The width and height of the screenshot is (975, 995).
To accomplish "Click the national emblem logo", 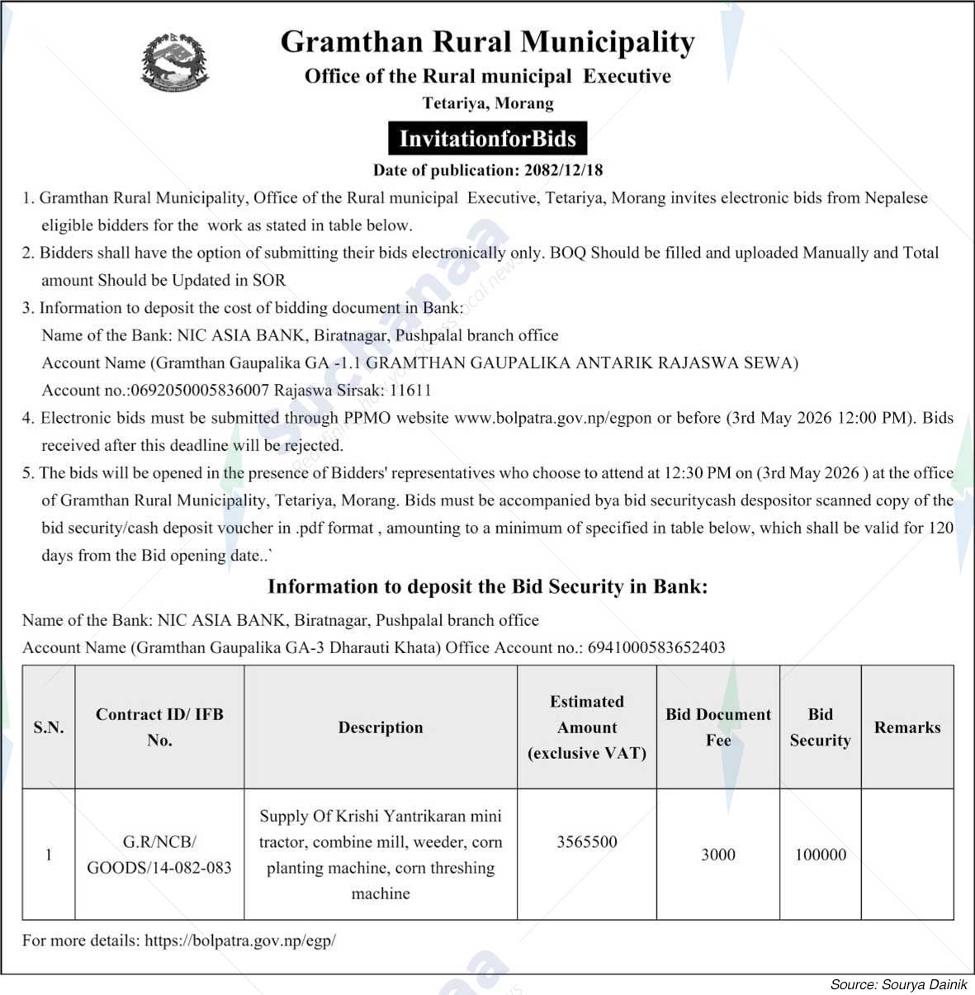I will (x=175, y=62).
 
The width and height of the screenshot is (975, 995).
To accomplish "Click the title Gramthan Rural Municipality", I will (x=487, y=41).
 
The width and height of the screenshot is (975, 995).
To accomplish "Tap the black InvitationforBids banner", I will (x=487, y=138).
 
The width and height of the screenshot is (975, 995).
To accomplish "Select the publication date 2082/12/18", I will (x=563, y=170).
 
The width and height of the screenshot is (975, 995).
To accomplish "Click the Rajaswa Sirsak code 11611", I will (x=410, y=390).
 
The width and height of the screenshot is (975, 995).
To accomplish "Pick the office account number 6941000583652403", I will (x=656, y=647).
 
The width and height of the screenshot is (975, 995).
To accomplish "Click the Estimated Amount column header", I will (x=586, y=727).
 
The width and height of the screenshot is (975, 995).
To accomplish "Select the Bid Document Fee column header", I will (x=717, y=727).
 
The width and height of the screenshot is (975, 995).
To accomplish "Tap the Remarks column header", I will (x=906, y=727).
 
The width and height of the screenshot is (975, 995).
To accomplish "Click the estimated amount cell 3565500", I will (x=586, y=841).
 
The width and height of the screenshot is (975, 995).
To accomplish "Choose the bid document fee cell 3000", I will (x=717, y=855).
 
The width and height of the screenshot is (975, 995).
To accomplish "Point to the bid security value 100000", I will (x=820, y=855).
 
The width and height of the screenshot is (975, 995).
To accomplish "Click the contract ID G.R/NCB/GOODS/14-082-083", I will (x=159, y=855).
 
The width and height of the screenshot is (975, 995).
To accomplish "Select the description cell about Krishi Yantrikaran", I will (x=380, y=855).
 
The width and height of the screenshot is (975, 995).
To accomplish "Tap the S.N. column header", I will (x=49, y=727).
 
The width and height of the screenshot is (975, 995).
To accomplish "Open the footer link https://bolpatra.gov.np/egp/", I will (x=239, y=940).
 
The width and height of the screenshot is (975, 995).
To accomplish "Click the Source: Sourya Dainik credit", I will (x=898, y=984).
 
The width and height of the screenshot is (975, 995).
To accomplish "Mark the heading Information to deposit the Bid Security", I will (x=487, y=587).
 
